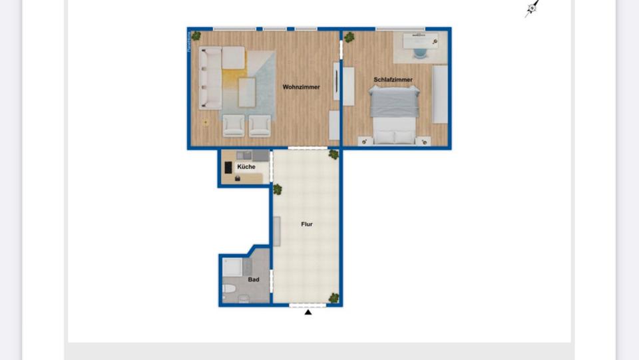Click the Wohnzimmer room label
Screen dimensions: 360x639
pos(301,87)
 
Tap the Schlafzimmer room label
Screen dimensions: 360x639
pos(393,80)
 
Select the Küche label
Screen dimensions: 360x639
pos(246,167)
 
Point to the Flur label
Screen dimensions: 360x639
pos(306,225)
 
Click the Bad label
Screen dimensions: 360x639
pos(254,280)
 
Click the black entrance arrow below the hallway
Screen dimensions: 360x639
pos(308,312)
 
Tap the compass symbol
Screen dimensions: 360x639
pos(532,9)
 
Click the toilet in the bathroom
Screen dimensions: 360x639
pos(228,289)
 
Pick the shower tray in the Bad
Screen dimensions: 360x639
pos(233,268)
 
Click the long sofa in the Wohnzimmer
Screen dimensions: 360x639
pos(211,78)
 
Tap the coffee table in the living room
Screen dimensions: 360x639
pos(247,92)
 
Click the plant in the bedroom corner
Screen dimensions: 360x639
pos(349,37)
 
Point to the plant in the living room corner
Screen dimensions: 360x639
pos(196,36)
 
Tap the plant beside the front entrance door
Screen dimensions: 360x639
pos(333,298)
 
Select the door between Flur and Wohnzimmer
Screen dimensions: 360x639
pos(308,148)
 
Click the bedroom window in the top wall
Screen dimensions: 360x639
pos(400,29)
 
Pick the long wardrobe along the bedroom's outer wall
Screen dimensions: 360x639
pos(440,94)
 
